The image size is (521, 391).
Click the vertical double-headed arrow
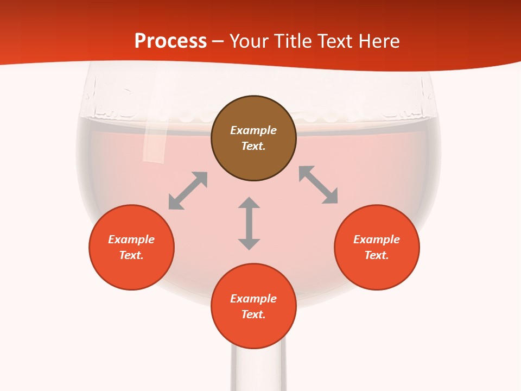point(249,224)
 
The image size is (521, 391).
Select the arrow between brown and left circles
point(188,191)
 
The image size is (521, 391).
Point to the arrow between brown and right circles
point(319,185)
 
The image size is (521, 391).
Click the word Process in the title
point(170,41)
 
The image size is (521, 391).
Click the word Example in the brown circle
point(253,130)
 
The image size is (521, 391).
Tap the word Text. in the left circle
point(131,255)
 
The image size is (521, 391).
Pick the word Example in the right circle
point(377,239)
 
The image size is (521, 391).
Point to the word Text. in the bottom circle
point(253,314)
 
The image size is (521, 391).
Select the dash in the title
point(218,41)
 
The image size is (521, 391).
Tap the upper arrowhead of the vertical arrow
point(249,203)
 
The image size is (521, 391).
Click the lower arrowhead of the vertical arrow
point(249,244)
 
